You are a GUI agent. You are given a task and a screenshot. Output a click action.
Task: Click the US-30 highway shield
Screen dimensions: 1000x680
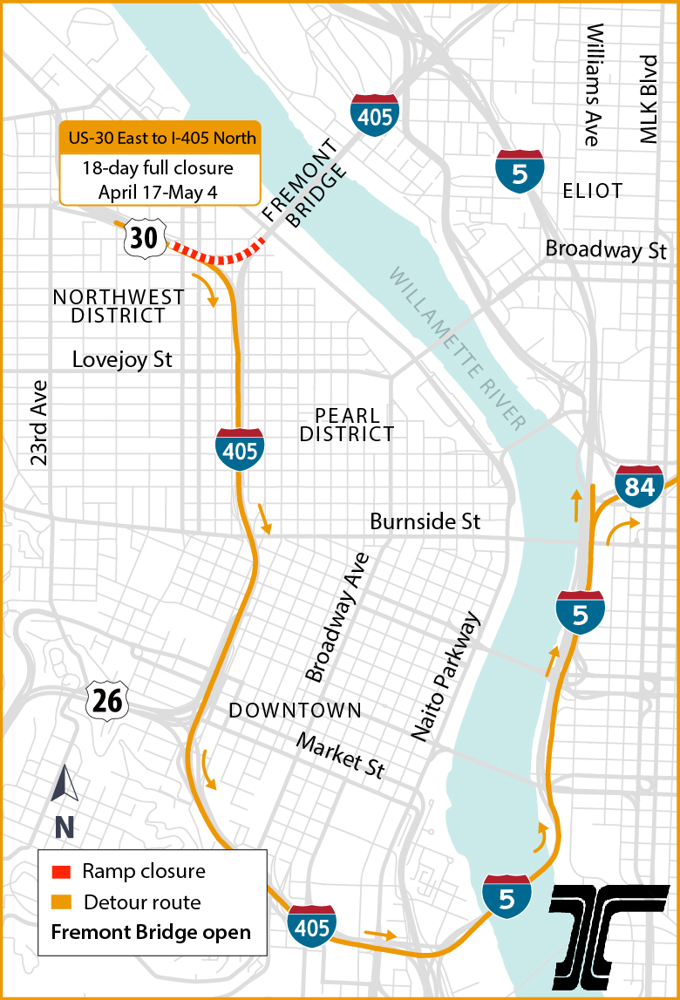tap(145, 238)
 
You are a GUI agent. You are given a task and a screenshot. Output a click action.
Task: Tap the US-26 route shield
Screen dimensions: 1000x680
tap(107, 701)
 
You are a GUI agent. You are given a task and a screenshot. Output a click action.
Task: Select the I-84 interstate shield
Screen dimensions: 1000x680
tap(639, 486)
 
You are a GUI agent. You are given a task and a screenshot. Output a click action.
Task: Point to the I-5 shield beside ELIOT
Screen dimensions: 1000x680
tap(520, 173)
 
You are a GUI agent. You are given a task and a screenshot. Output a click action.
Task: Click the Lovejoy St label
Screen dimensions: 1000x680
tap(122, 359)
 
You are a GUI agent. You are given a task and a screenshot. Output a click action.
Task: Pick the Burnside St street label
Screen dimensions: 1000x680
tap(425, 521)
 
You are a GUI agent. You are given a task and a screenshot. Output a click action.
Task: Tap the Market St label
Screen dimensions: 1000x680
tap(340, 755)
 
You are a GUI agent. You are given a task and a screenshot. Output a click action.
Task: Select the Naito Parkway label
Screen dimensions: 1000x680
tap(445, 677)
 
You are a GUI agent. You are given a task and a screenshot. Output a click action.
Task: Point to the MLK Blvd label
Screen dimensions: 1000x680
tap(647, 99)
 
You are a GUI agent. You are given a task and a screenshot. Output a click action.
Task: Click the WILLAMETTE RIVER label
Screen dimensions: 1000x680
tap(457, 349)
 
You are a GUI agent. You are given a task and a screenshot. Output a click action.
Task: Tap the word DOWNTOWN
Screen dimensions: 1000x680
tap(295, 711)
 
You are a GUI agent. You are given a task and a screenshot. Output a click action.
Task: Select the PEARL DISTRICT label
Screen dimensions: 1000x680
tap(347, 424)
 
